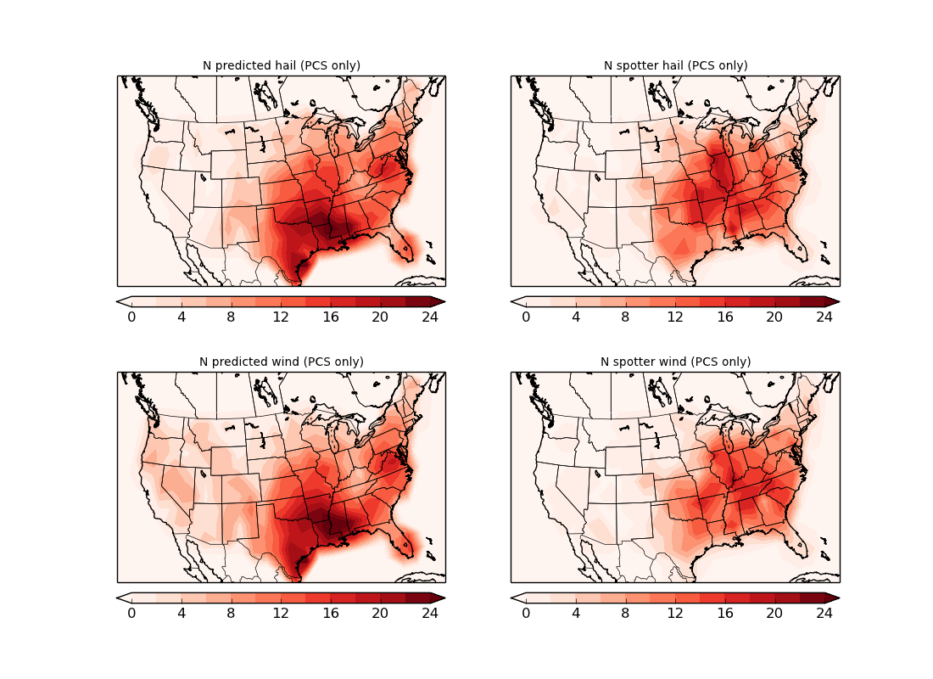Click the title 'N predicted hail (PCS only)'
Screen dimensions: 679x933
coord(281,65)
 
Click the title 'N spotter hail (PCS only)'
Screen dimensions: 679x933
coord(675,65)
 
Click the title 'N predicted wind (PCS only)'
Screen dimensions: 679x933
coord(281,362)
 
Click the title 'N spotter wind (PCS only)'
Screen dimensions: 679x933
coord(675,362)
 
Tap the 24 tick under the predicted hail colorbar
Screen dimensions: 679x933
coord(430,317)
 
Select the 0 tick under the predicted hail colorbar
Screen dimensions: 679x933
coord(131,317)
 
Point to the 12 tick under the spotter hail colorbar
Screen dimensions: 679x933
coord(675,317)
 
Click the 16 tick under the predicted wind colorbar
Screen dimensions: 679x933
coord(331,613)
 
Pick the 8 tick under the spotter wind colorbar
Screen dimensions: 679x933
coord(625,613)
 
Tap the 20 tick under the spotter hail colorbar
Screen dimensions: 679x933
coord(774,317)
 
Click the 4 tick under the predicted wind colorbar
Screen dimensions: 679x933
coord(182,613)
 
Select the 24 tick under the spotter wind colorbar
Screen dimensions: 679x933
coord(824,613)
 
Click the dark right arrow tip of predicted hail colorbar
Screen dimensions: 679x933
coord(439,301)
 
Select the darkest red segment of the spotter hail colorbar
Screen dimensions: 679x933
coord(812,301)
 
